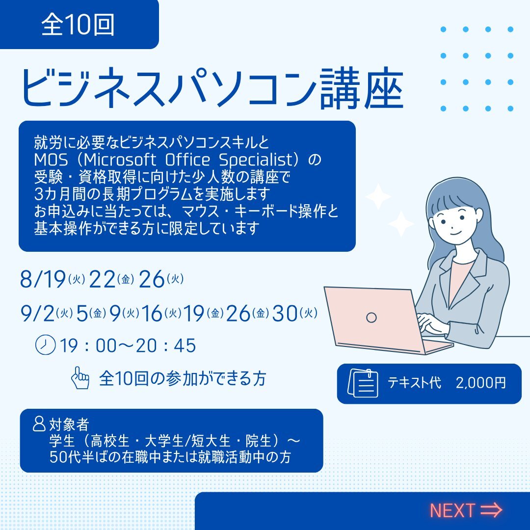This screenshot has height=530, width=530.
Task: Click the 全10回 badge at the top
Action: (x=79, y=25)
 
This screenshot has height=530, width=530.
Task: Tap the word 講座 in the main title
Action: (x=361, y=88)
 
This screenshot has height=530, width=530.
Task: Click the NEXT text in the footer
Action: (x=452, y=510)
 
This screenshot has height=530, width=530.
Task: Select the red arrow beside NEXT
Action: (x=491, y=510)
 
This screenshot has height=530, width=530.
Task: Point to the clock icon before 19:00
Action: (x=45, y=345)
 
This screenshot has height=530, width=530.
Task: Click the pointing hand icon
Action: (x=80, y=377)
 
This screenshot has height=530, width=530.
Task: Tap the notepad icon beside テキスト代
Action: (x=363, y=383)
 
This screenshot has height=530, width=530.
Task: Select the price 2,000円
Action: (x=480, y=383)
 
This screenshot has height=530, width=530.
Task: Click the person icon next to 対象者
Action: (x=39, y=424)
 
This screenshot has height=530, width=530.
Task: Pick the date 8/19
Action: (x=43, y=279)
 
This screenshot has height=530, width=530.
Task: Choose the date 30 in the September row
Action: (x=285, y=313)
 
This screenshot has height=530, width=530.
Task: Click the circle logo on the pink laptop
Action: (x=371, y=318)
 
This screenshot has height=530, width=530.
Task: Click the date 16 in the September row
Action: (x=152, y=313)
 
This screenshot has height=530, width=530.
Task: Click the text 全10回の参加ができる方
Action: (x=183, y=378)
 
